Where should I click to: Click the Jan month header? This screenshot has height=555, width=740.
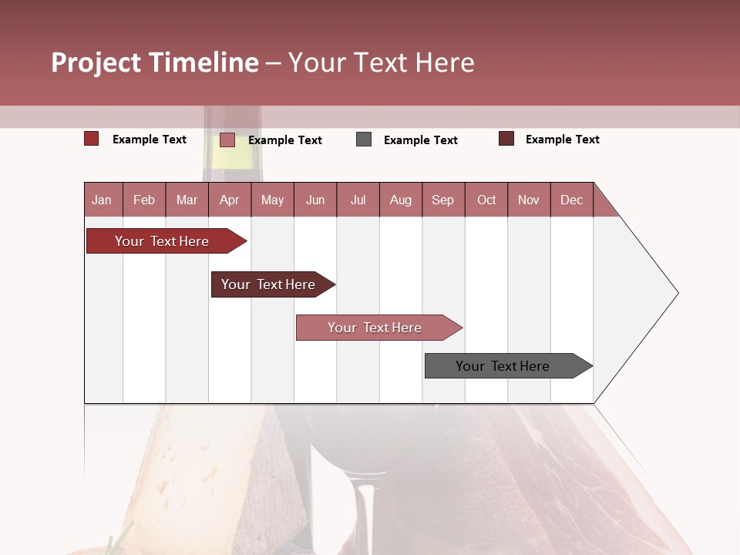[x=102, y=200]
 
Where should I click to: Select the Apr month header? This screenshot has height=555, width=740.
[x=229, y=200]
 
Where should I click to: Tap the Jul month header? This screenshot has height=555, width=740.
[x=358, y=200]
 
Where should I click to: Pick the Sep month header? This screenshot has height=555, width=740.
[x=442, y=200]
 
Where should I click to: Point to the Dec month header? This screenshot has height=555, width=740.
[x=571, y=200]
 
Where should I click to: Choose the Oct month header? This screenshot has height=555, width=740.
[x=486, y=200]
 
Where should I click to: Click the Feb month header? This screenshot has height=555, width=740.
[x=144, y=200]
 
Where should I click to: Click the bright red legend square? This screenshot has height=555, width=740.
[x=91, y=139]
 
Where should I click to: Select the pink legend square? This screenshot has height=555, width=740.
[x=227, y=140]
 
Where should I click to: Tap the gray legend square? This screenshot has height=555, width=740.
[x=364, y=140]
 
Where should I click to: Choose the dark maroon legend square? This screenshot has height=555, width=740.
[x=506, y=139]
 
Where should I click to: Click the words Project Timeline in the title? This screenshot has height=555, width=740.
[x=154, y=62]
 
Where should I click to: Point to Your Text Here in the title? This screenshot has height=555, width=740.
[x=382, y=62]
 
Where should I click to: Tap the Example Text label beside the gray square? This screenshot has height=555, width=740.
[x=420, y=140]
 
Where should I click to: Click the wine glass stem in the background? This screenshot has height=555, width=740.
[x=367, y=516]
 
